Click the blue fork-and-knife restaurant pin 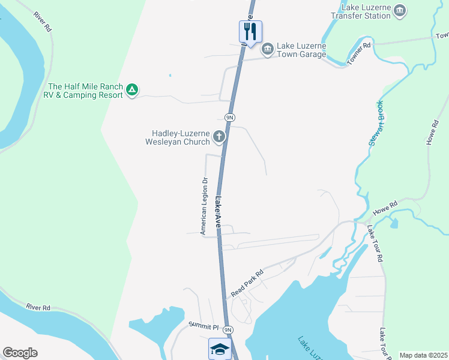[250, 31]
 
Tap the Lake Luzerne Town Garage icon [267, 47]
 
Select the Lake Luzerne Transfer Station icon [400, 10]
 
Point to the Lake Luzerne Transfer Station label [366, 11]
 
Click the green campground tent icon [132, 91]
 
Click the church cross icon [219, 137]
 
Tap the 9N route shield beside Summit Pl [228, 329]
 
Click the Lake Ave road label [219, 212]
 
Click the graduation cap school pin [219, 349]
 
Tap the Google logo [20, 352]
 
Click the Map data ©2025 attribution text [423, 355]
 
